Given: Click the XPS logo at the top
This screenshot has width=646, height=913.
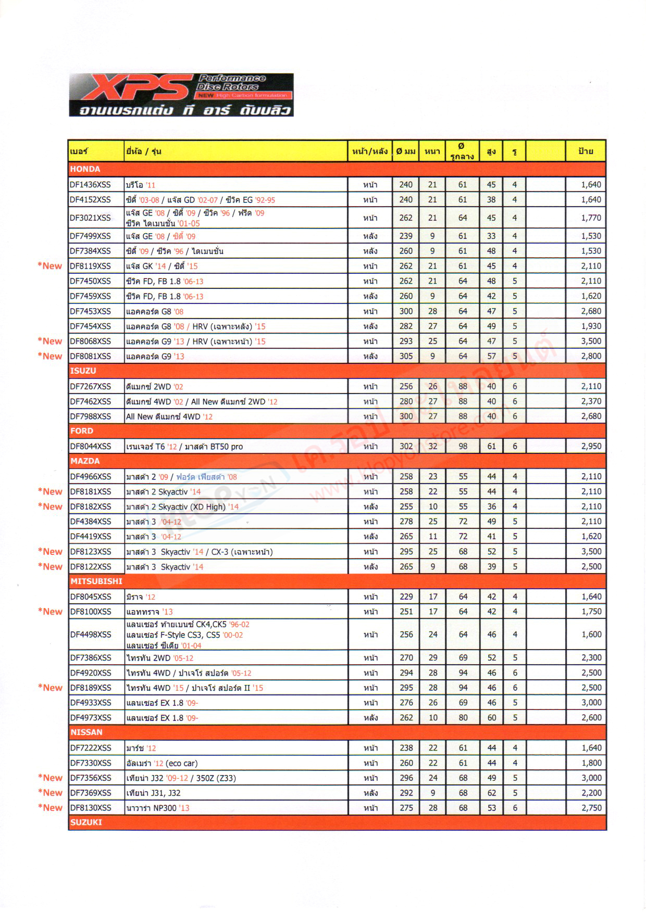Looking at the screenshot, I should [x=181, y=94].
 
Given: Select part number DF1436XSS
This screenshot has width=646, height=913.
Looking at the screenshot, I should [x=90, y=185].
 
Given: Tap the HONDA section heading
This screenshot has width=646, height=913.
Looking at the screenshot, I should [x=85, y=169].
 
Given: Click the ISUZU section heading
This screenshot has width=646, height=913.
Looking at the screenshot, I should [x=83, y=371].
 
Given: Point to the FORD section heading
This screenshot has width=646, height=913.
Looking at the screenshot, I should [x=82, y=431].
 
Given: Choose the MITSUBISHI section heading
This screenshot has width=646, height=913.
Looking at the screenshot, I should [x=96, y=581].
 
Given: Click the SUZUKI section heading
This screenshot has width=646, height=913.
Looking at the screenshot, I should [x=86, y=822].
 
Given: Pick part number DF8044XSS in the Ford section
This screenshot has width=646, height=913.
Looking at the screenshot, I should [x=91, y=447].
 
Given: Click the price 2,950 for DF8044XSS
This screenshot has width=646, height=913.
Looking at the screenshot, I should [x=591, y=446].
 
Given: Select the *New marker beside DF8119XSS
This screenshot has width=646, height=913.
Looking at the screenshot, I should [x=49, y=266].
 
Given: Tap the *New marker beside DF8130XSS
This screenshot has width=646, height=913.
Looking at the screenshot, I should [x=50, y=808].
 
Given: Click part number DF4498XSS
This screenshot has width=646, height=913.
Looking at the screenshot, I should [x=91, y=635].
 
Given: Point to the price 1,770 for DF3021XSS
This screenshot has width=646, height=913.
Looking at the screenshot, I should [x=591, y=218].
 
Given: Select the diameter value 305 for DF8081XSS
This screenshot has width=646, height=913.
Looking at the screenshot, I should [x=406, y=356].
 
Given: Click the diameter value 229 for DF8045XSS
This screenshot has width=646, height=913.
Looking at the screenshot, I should [x=406, y=597].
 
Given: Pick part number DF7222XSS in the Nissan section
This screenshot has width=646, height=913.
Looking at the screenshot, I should [x=91, y=748].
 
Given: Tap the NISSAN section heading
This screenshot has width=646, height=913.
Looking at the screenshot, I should [x=86, y=732].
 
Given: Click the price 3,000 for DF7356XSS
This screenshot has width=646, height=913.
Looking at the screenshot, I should [x=591, y=778].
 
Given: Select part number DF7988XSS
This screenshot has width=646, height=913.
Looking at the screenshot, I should [x=91, y=416].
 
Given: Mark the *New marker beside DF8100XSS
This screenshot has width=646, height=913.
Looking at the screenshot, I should [x=50, y=612].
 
